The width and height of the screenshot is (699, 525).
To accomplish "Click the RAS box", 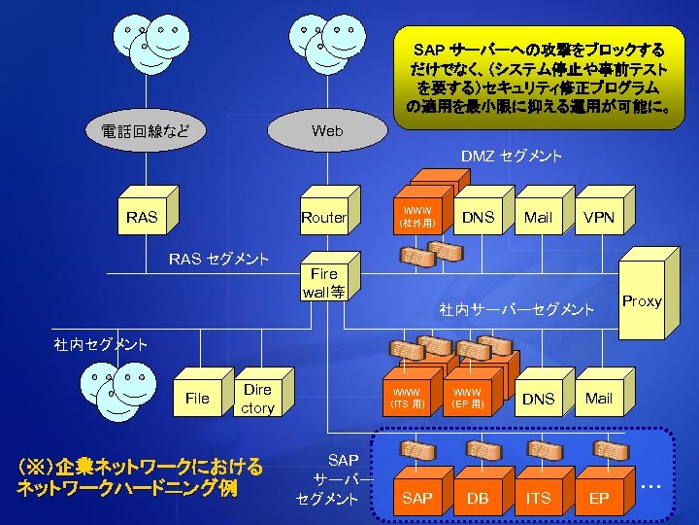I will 142,217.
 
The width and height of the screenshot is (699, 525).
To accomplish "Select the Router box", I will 323,217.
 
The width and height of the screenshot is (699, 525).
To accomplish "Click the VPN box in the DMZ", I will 599,217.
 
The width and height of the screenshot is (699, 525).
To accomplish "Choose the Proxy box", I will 642,301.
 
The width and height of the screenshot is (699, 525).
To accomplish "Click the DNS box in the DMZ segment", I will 478,217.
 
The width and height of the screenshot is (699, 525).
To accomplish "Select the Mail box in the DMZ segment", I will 538,217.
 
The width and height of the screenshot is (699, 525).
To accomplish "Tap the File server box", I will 197,398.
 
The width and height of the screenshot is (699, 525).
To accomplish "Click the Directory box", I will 257,398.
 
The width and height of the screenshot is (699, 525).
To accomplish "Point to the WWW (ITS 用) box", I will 407,398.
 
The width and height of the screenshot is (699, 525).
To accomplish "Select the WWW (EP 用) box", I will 467,398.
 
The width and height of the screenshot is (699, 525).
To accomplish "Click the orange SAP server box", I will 416,497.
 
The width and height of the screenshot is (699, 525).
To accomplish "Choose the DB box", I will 478,497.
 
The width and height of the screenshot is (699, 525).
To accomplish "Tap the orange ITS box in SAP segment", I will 538,497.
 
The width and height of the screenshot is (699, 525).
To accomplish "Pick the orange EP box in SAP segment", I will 599,497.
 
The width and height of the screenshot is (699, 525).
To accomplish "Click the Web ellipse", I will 327,130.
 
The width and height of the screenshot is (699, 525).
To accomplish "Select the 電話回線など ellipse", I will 146,130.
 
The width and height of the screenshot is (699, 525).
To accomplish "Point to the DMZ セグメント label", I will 511,157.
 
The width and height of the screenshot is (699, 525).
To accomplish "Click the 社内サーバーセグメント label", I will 516,309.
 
